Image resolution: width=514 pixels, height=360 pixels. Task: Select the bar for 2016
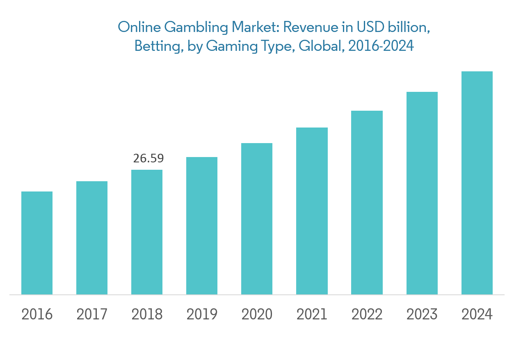coord(37,243)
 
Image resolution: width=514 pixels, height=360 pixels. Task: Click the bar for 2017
coord(92,238)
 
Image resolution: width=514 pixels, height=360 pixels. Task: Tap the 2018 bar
coord(147,232)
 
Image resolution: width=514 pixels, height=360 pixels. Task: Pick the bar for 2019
coord(202,226)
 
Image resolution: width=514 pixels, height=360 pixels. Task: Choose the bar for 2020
coord(257,219)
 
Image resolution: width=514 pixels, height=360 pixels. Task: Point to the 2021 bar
coord(312,211)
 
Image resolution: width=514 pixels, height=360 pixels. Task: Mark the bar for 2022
coord(367,203)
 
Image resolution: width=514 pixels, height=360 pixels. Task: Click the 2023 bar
coord(422,193)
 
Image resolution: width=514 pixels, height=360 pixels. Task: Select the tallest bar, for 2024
coord(477,183)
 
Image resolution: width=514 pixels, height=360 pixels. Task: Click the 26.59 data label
coord(148,159)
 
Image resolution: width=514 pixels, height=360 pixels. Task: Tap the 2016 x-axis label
coord(37,314)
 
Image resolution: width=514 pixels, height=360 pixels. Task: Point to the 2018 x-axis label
coord(147,314)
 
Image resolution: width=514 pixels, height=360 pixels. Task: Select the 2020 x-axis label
coord(257,314)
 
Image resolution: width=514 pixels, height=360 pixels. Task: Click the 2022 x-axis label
coord(367,314)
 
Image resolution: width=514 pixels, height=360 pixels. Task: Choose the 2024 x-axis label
coord(477,314)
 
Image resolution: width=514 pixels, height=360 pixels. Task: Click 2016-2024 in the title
coord(381,46)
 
